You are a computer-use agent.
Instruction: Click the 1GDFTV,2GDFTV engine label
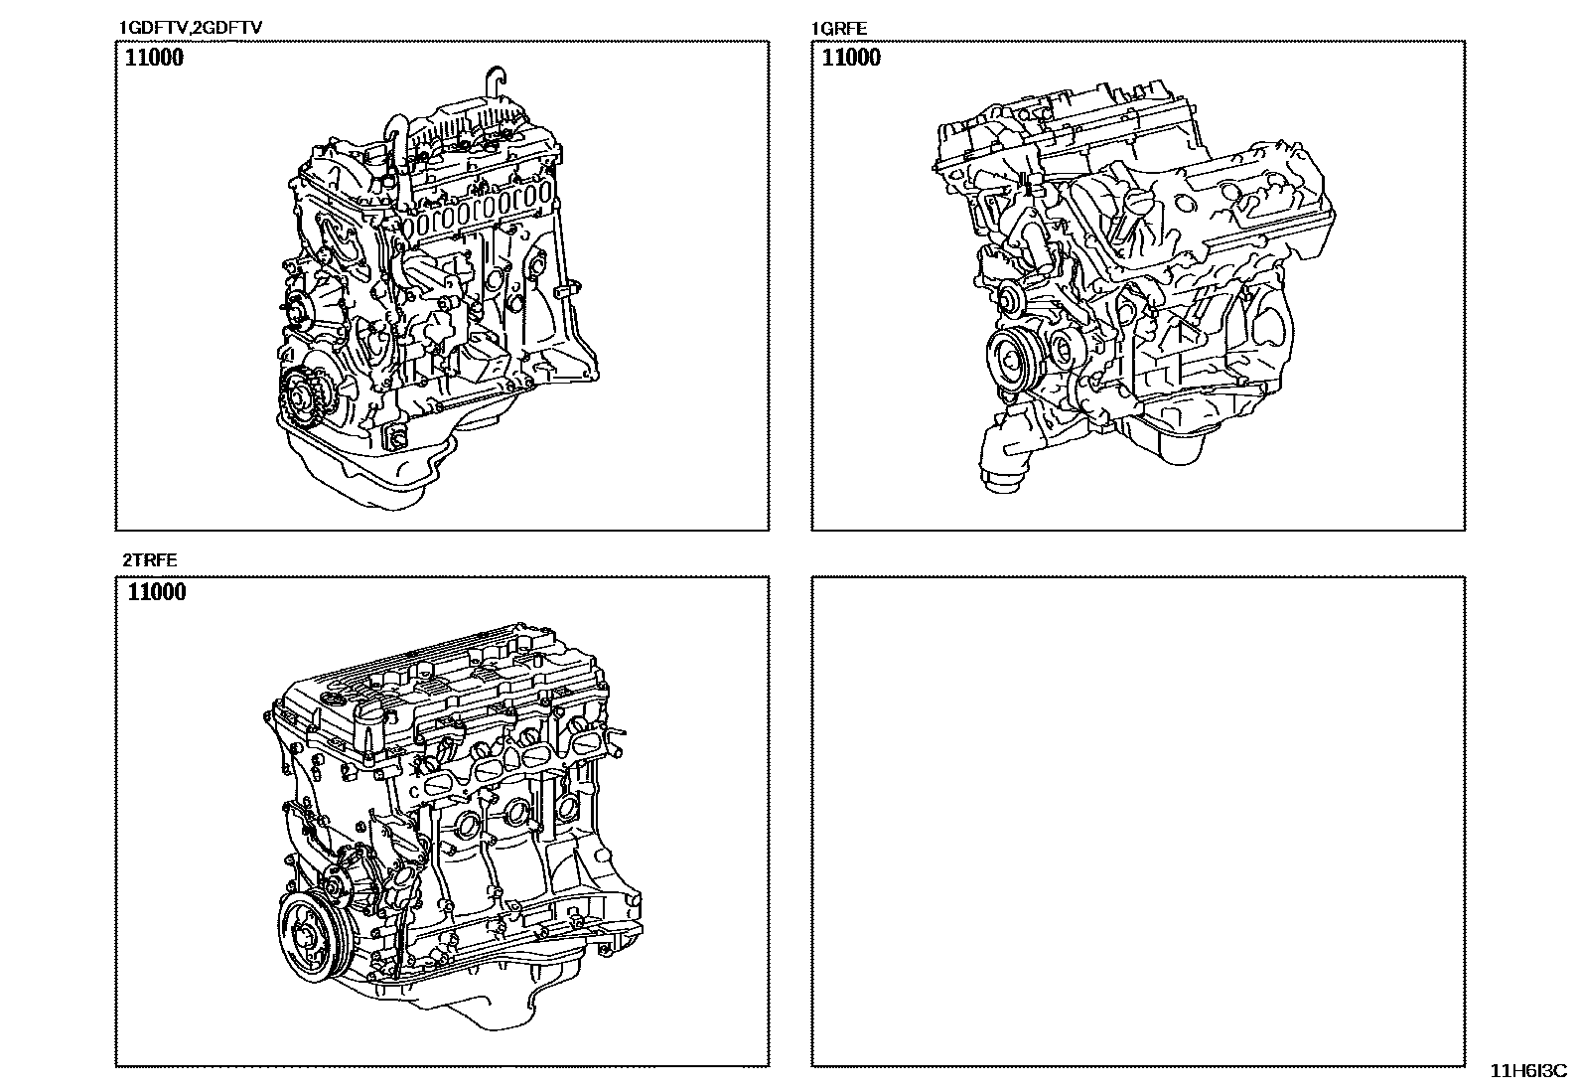(191, 28)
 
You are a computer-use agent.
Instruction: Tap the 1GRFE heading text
(839, 28)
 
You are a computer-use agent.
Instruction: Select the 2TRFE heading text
(150, 560)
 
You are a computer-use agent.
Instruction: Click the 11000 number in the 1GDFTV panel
(154, 58)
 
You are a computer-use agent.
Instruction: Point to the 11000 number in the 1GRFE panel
(851, 58)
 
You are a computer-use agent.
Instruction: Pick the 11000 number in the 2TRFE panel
(157, 592)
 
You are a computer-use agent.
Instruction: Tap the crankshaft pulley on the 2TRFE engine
(311, 937)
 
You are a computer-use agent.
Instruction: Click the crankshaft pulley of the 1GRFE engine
(1016, 361)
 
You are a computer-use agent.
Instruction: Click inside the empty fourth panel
(1138, 821)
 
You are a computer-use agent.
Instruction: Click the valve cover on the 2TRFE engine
(438, 678)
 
